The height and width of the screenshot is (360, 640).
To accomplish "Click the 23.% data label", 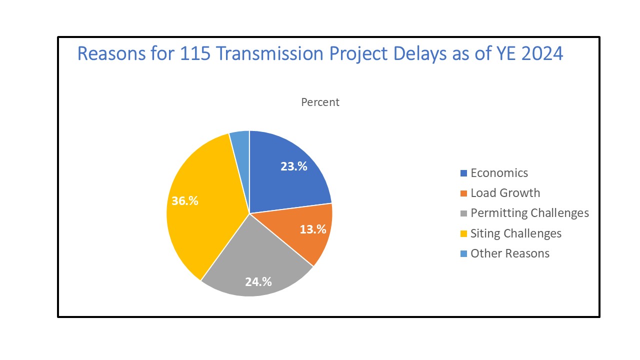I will tap(294, 167).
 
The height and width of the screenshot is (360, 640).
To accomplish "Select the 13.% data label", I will tap(313, 229).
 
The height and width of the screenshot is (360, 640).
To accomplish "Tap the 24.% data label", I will tap(258, 281).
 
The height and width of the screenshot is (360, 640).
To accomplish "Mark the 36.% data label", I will tap(185, 201).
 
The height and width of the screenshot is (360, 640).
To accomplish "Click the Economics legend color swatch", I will tap(463, 173).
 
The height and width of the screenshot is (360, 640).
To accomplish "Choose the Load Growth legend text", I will tap(505, 193).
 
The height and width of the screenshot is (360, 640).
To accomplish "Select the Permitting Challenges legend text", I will tap(529, 213).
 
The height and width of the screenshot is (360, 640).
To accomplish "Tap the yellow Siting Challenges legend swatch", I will tap(463, 233).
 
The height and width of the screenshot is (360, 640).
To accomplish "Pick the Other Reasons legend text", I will tap(509, 253).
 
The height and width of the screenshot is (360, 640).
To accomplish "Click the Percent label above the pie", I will tap(320, 102).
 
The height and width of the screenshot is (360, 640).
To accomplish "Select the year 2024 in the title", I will tap(542, 53).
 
